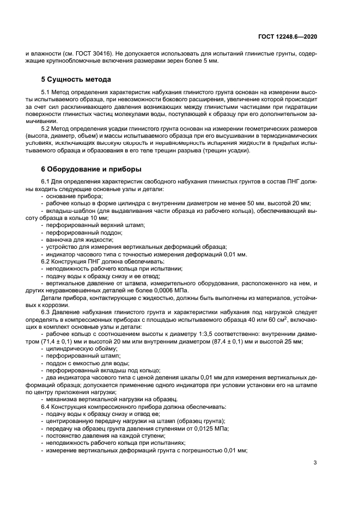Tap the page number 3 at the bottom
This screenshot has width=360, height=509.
[x=315, y=463]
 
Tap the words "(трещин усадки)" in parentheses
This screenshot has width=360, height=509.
[x=227, y=151]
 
